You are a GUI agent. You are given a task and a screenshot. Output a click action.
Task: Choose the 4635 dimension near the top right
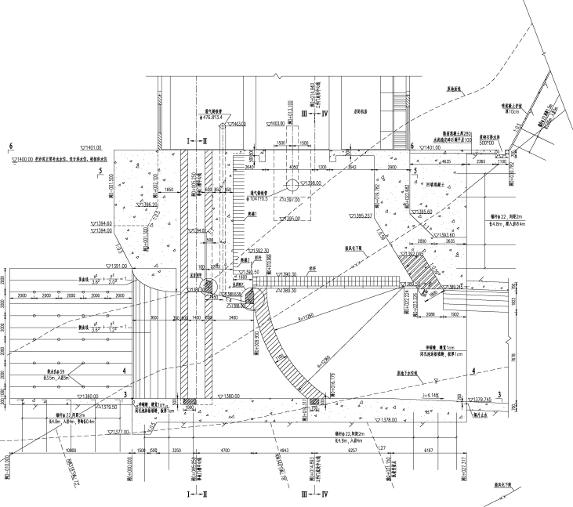pos(445,161)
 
